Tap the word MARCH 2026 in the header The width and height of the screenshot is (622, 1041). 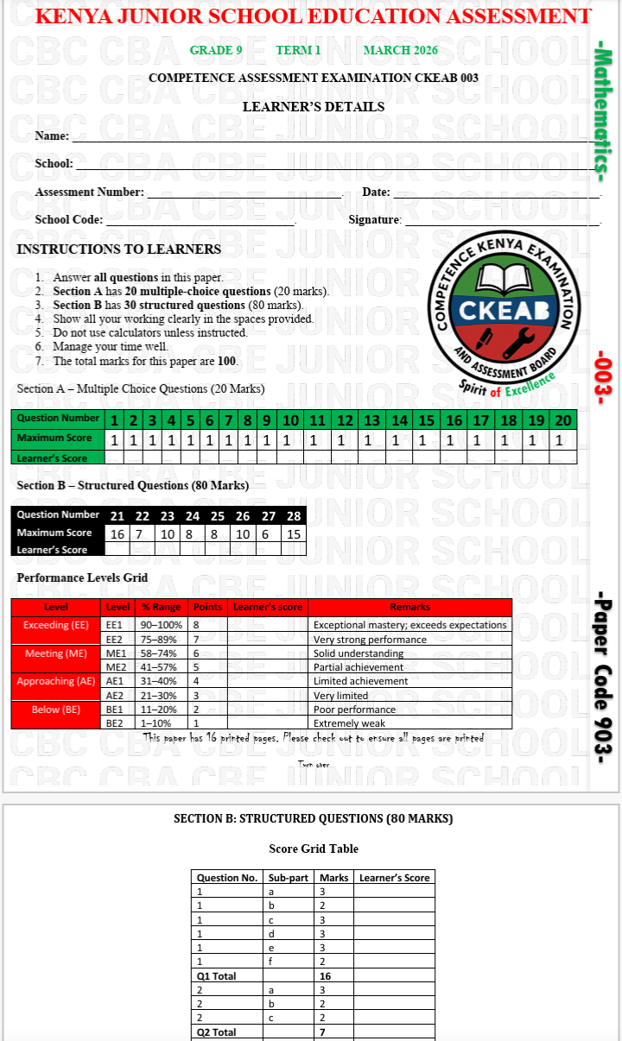click(x=400, y=50)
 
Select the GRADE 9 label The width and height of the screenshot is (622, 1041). click(x=216, y=50)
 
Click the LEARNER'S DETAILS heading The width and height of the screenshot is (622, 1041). click(x=313, y=107)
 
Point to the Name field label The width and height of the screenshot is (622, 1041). click(x=52, y=136)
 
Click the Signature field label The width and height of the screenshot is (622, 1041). click(x=375, y=220)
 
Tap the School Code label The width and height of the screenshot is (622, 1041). click(x=68, y=220)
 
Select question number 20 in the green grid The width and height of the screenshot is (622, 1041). click(x=562, y=420)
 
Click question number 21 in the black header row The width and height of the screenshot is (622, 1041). click(x=118, y=516)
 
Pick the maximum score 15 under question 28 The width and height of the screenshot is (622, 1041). click(x=294, y=533)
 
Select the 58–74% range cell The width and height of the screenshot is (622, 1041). click(x=159, y=653)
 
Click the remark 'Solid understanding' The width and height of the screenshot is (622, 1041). click(x=358, y=653)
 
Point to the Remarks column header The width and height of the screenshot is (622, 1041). click(x=409, y=607)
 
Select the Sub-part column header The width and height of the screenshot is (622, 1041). click(x=289, y=878)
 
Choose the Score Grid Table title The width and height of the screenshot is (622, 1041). click(x=313, y=849)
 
